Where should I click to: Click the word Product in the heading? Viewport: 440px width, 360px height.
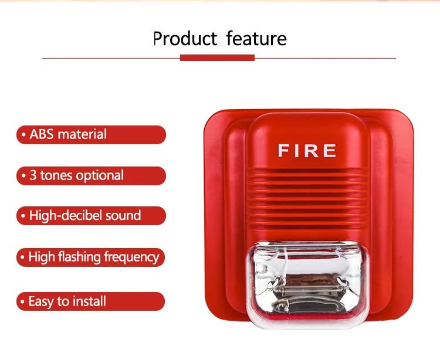(x=185, y=39)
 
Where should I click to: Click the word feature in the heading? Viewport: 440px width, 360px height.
(x=256, y=38)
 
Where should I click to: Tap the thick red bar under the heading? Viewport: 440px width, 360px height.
(x=217, y=58)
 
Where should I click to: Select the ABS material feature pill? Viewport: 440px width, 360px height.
(x=91, y=135)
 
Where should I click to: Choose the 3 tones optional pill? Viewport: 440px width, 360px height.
(x=91, y=176)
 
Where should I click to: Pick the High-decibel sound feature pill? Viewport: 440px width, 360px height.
(x=91, y=216)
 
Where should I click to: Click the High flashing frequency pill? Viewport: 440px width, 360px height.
(x=90, y=257)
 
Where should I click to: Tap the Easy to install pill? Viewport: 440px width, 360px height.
(x=90, y=301)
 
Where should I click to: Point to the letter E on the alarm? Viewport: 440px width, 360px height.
(x=330, y=151)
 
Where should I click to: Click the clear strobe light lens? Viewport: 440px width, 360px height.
(x=307, y=284)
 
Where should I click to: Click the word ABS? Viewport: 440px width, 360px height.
(x=42, y=134)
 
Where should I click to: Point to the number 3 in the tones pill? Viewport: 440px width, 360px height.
(x=33, y=175)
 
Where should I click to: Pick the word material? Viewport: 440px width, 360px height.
(x=82, y=134)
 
